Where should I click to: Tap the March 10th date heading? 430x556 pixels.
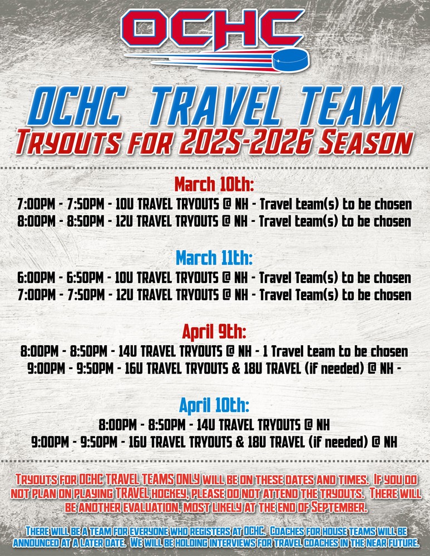pyautogui.click(x=214, y=185)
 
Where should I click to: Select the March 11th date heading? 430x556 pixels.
pyautogui.click(x=214, y=258)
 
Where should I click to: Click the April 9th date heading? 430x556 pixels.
pyautogui.click(x=214, y=332)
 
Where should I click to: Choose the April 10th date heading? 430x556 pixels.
pyautogui.click(x=214, y=405)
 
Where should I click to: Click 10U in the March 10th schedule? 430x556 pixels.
pyautogui.click(x=124, y=204)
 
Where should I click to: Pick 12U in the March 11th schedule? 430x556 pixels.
pyautogui.click(x=124, y=295)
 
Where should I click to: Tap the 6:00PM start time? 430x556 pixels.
pyautogui.click(x=36, y=277)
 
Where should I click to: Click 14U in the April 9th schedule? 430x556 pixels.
pyautogui.click(x=127, y=351)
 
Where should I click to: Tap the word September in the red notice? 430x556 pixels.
pyautogui.click(x=339, y=507)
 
